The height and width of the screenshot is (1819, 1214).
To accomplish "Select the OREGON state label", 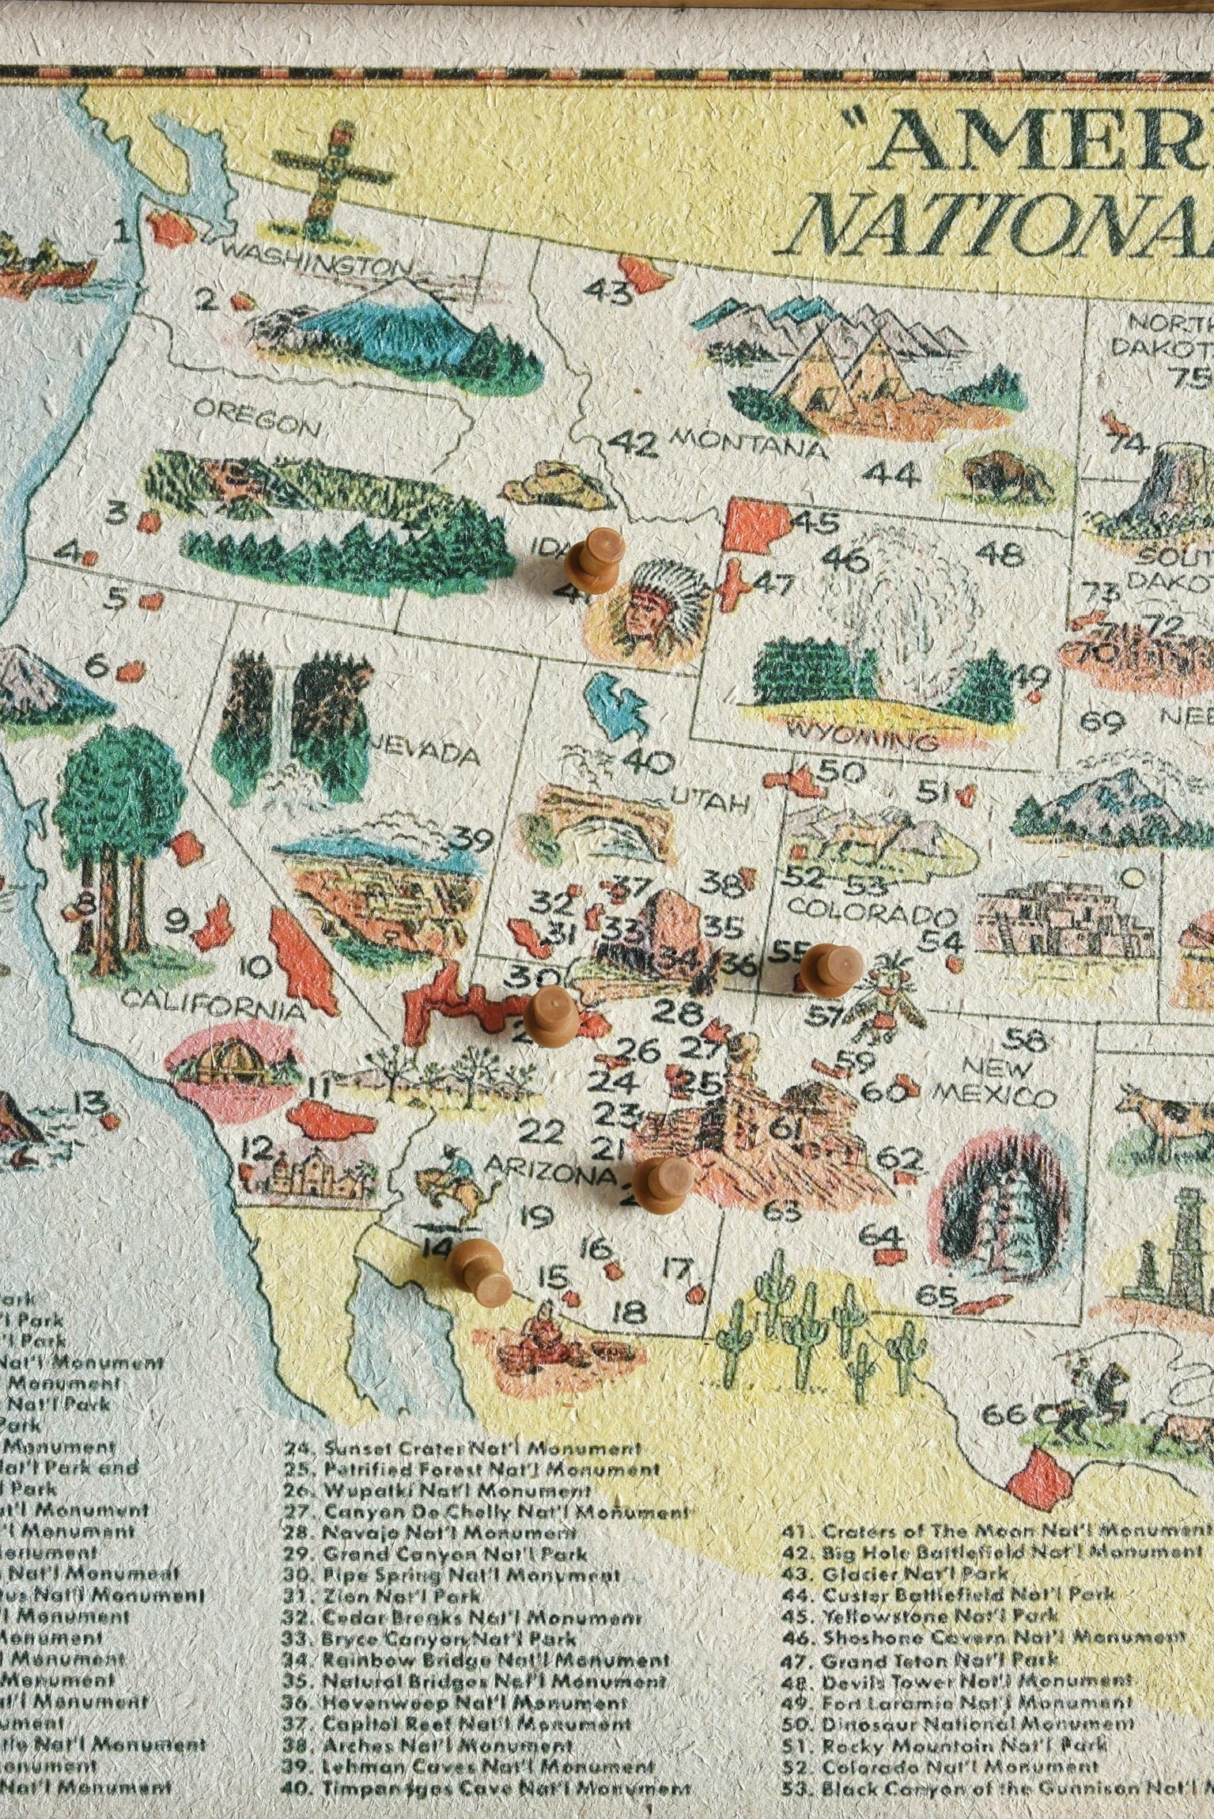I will pos(257,419).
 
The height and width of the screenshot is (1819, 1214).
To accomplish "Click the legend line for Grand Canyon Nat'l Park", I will pos(455,1554).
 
